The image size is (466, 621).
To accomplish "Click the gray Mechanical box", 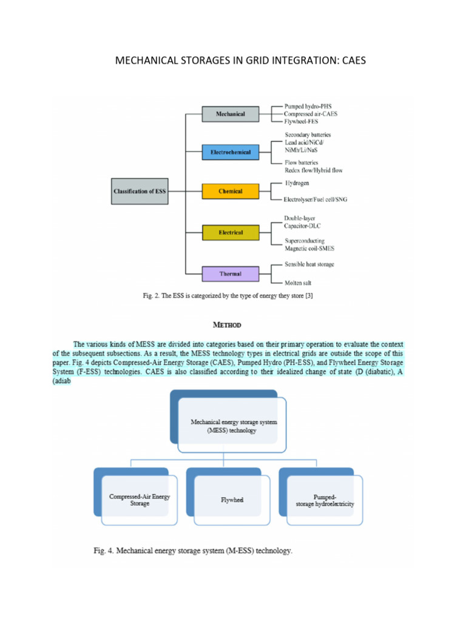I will point(230,113).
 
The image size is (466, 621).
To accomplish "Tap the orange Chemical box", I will point(230,192).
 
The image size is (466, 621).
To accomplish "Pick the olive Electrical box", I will point(230,232).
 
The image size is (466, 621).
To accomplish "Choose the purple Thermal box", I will point(230,274).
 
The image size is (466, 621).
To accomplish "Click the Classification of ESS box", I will point(140,192).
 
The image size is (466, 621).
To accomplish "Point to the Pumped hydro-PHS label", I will point(308,106).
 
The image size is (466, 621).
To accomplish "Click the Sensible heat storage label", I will point(309,264).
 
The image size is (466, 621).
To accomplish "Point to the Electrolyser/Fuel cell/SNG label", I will point(316,200).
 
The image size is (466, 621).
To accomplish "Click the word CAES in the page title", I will point(353,61).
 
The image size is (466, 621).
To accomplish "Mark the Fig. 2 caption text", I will point(228,296).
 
